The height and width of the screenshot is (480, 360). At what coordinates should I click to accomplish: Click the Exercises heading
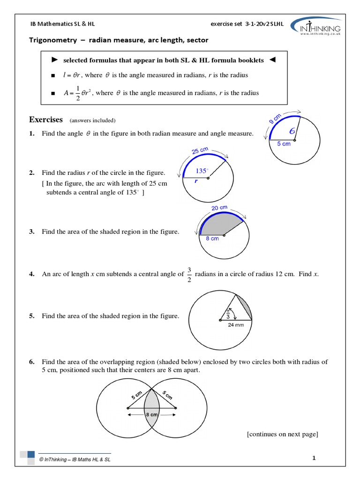[x=45, y=120]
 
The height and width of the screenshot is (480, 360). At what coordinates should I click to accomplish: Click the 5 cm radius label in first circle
[x=284, y=143]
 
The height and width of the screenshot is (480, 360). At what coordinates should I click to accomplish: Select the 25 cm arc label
[x=200, y=150]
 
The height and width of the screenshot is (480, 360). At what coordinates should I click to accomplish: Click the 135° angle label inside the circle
[x=202, y=171]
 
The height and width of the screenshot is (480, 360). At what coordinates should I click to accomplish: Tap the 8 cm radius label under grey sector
[x=212, y=239]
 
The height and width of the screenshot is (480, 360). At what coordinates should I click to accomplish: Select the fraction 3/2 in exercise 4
[x=189, y=273]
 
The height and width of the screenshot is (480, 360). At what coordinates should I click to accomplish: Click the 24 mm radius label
[x=236, y=325]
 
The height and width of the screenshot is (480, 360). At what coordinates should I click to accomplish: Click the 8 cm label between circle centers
[x=151, y=415]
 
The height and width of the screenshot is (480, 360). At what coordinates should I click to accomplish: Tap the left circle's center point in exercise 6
[x=127, y=408]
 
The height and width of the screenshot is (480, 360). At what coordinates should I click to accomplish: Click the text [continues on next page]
[x=283, y=434]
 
